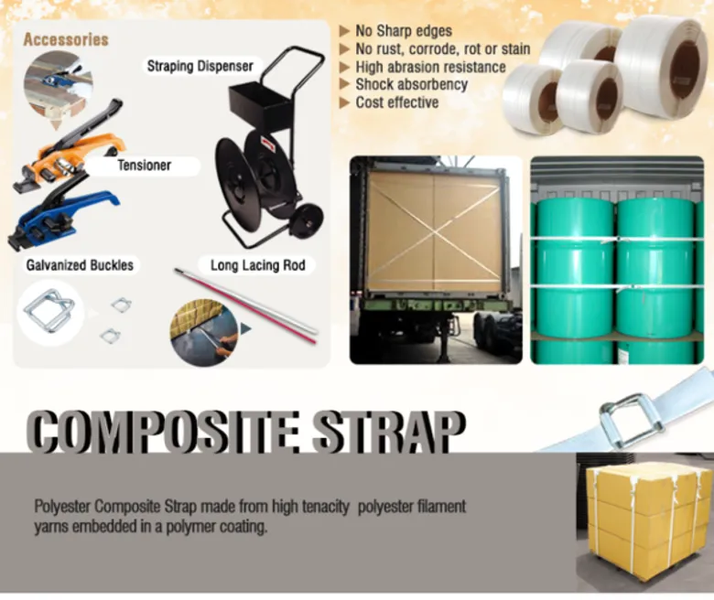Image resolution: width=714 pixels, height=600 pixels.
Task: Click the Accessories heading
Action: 66,39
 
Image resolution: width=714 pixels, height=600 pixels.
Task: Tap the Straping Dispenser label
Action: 200,67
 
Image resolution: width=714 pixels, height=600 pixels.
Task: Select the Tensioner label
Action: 145,166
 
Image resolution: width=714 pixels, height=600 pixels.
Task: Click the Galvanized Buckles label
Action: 80,265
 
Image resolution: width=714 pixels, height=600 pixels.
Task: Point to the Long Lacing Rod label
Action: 258,265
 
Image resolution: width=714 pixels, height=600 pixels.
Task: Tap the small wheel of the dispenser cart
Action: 309,220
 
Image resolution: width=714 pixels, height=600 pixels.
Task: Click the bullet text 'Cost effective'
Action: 397,102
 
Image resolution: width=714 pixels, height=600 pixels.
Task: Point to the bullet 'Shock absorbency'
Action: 412,85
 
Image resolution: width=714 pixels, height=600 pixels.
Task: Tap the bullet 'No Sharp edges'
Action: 404,31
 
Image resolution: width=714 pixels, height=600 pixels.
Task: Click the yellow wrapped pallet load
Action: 647,523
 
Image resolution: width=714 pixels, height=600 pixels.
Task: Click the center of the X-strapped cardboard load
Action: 435,233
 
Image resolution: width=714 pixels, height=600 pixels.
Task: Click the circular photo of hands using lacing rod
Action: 203,333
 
